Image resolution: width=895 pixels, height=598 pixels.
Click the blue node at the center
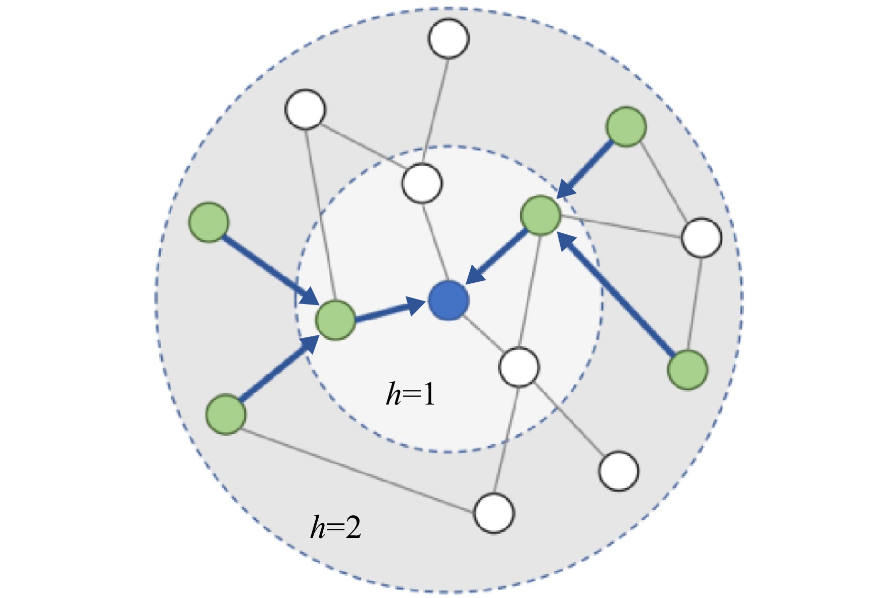[x=448, y=301]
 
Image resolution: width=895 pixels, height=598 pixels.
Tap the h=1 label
[x=410, y=394]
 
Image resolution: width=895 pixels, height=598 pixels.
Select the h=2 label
[x=336, y=528]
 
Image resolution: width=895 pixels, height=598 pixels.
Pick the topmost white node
[x=449, y=38]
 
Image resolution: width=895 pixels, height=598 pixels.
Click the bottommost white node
[x=494, y=513]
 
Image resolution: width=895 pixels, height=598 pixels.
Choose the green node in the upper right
[x=626, y=127]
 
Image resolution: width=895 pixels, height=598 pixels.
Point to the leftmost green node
[x=209, y=222]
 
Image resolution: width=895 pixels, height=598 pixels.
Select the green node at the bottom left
[x=226, y=414]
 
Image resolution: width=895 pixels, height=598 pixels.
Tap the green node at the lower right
[x=687, y=370]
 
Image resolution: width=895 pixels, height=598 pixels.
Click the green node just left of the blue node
[x=335, y=320]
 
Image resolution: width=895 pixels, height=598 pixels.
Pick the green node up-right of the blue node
[x=541, y=216]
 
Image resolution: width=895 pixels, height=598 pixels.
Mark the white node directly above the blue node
[x=422, y=183]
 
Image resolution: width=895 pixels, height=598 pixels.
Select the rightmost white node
[x=702, y=237]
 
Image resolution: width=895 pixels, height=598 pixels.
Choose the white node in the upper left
[x=305, y=109]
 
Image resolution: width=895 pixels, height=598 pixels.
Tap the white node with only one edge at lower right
[x=619, y=471]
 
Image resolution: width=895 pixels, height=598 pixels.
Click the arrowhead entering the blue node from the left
[x=416, y=306]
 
